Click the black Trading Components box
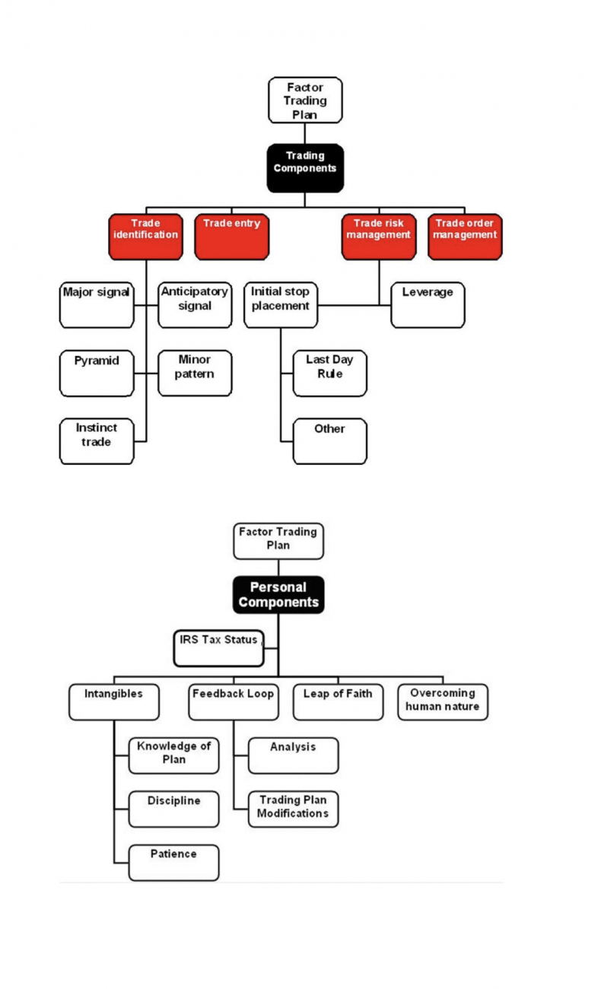(x=305, y=168)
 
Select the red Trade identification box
(x=146, y=237)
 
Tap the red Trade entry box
(x=232, y=237)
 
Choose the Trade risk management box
(x=379, y=237)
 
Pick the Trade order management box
(x=465, y=237)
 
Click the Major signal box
(x=97, y=305)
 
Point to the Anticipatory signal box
(x=195, y=305)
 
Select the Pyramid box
(x=97, y=374)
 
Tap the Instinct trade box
(x=97, y=441)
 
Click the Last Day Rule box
(x=330, y=374)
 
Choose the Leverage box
(x=428, y=305)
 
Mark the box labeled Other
(x=330, y=441)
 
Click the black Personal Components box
(x=278, y=595)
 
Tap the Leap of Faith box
(x=339, y=702)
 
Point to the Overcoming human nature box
(x=443, y=702)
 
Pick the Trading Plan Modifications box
(x=294, y=809)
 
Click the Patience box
(x=174, y=863)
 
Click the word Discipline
(x=174, y=800)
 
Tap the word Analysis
(x=293, y=746)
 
